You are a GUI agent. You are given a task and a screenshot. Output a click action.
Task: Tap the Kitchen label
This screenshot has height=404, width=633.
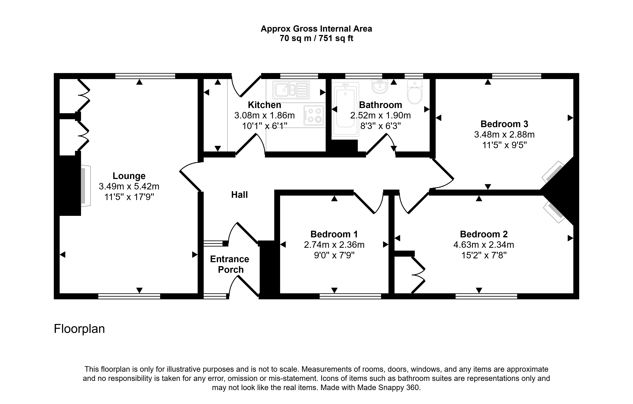coord(264,105)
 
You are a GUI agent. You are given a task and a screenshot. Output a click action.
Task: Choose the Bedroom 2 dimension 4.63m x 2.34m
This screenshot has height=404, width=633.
coord(484,245)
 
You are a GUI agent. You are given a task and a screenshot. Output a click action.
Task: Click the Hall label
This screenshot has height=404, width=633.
coord(239,195)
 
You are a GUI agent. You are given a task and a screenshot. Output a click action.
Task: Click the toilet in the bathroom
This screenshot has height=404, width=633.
coord(415,92)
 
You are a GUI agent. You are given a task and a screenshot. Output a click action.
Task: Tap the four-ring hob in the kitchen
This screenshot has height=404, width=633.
coord(314,115)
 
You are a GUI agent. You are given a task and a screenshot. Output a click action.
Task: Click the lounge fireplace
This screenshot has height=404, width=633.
coord(85,186)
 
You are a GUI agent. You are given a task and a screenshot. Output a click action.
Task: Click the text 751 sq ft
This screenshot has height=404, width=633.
coord(336,38)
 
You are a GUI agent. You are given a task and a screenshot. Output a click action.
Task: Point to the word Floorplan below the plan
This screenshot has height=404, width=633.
coord(79,329)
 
